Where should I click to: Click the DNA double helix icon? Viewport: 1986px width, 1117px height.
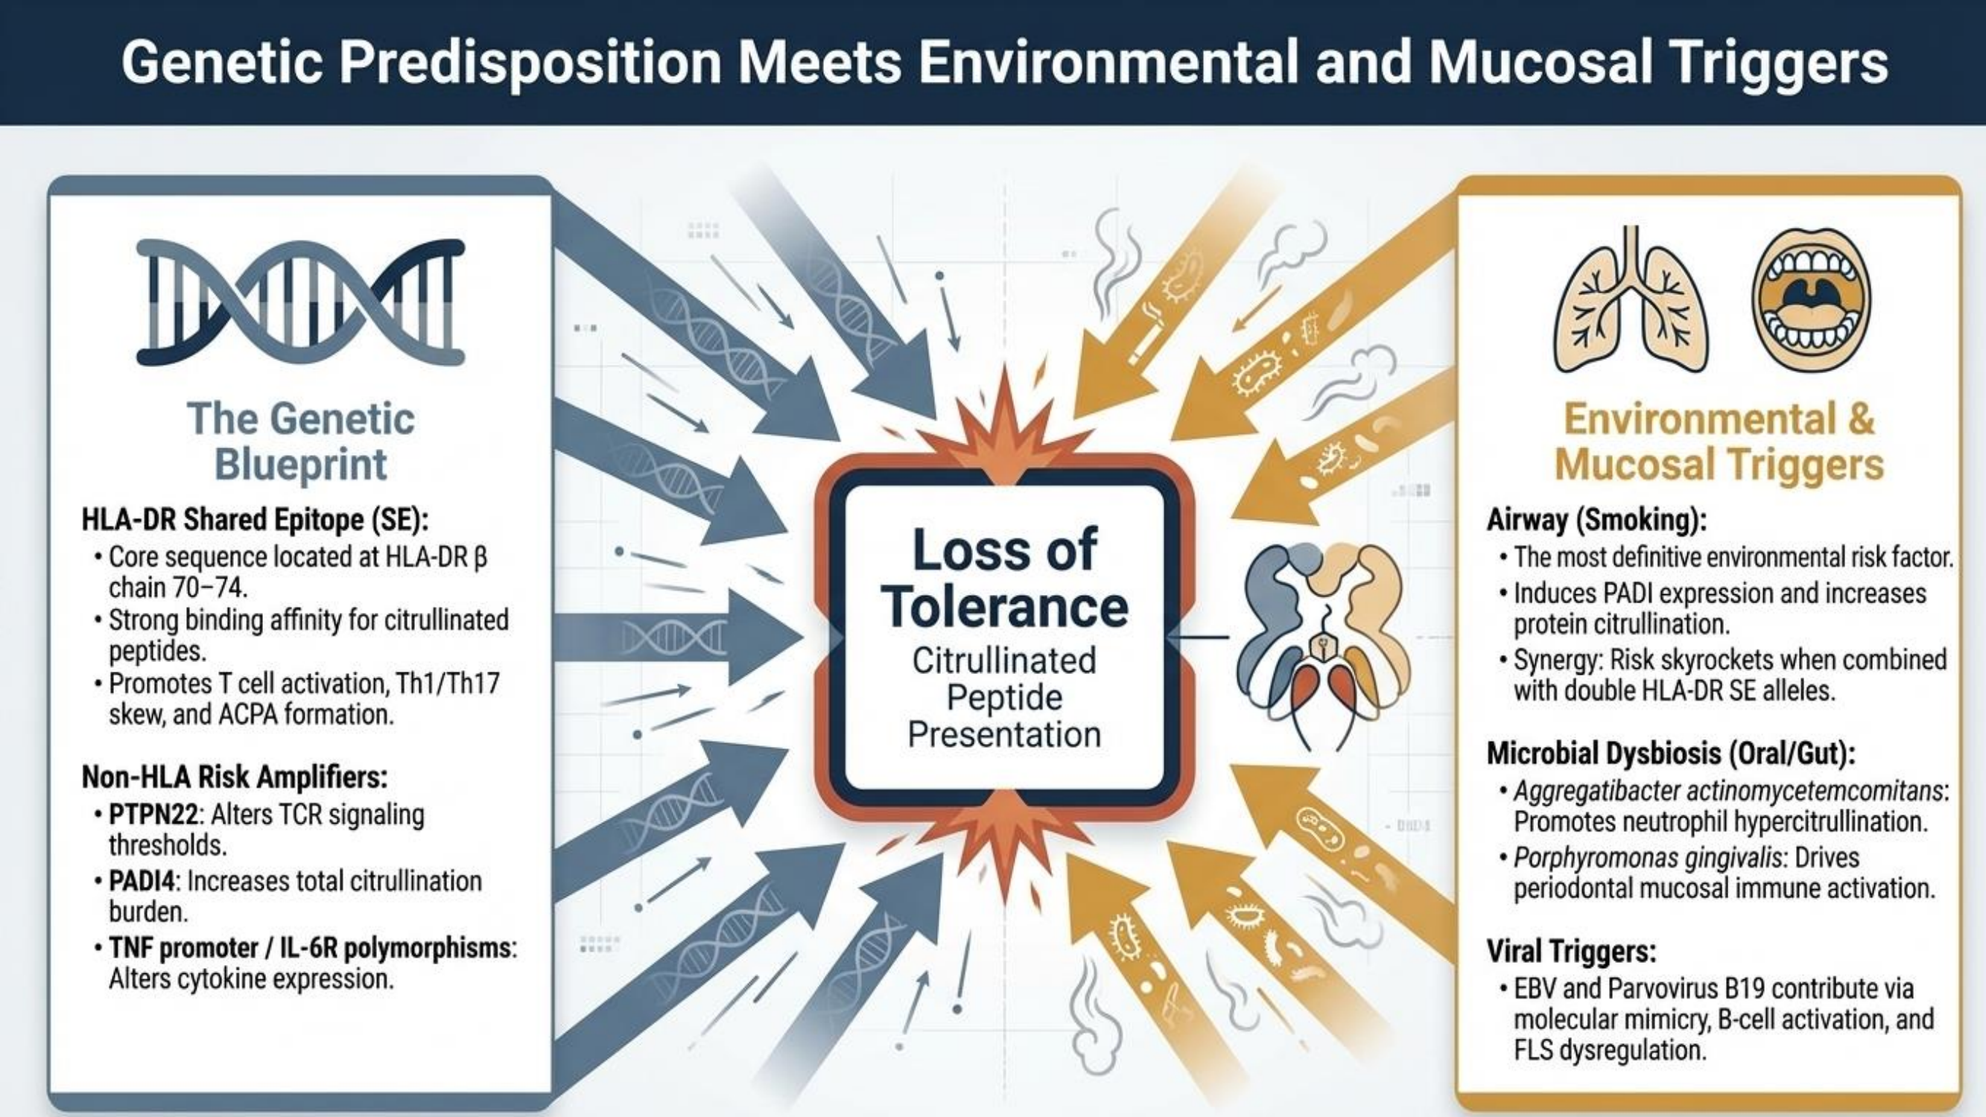point(301,302)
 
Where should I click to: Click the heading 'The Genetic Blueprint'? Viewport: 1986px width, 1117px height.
point(301,442)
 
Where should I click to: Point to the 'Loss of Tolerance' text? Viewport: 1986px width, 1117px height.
point(1005,578)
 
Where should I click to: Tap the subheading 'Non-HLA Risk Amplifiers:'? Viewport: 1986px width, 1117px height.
point(235,777)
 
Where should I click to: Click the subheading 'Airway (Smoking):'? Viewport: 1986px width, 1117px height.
point(1596,521)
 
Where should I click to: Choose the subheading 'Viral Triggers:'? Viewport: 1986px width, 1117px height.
point(1571,951)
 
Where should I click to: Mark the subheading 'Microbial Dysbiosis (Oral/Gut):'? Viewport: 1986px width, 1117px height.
point(1671,754)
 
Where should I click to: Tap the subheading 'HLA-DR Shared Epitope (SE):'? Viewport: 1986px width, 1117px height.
point(255,521)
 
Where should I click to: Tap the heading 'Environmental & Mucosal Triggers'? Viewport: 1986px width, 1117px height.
point(1719,442)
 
